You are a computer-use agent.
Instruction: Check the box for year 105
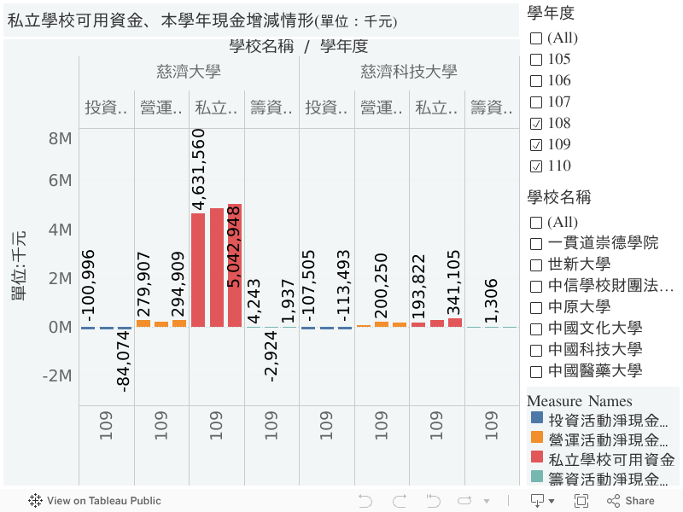click(536, 60)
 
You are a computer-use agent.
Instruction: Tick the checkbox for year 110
click(536, 166)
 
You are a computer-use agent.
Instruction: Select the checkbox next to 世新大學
click(536, 265)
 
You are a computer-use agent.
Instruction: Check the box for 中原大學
click(536, 307)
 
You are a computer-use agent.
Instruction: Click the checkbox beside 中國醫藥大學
click(536, 371)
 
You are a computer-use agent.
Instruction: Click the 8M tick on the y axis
click(60, 139)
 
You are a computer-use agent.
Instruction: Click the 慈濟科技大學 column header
click(409, 72)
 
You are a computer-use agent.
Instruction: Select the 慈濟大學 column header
click(189, 72)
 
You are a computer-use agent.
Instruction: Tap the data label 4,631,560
click(198, 169)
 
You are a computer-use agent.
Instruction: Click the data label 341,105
click(454, 282)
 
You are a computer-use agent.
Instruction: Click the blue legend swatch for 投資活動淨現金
click(536, 419)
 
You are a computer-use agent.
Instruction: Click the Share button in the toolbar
click(631, 501)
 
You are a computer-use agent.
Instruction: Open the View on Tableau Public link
click(95, 501)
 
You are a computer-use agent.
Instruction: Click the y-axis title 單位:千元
click(19, 265)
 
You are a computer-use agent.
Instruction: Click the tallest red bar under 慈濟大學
click(235, 265)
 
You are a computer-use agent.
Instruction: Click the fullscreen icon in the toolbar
click(581, 501)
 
